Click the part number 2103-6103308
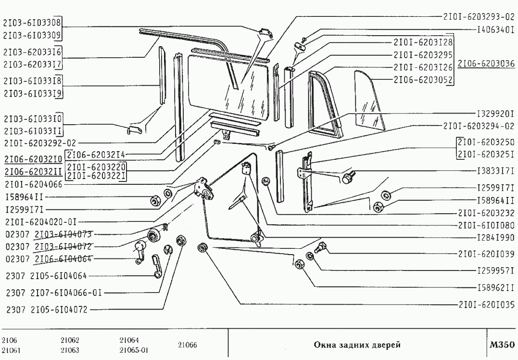(33, 22)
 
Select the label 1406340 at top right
(495, 29)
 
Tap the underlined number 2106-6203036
(486, 64)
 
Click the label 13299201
(495, 115)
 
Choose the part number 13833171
(495, 171)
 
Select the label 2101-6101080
(486, 225)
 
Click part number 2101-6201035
(486, 304)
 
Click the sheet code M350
(502, 345)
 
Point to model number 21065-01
(133, 350)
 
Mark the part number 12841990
(495, 238)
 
